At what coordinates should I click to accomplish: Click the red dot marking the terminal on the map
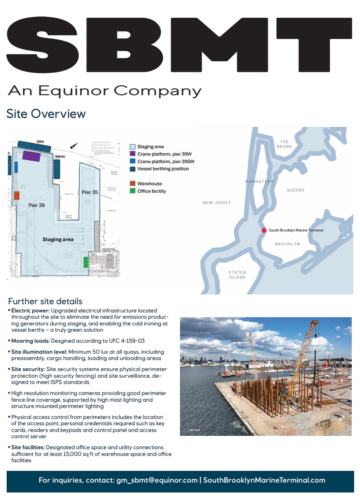pyautogui.click(x=264, y=230)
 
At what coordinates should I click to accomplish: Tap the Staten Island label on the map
pyautogui.click(x=237, y=275)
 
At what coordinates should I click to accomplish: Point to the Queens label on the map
pyautogui.click(x=295, y=190)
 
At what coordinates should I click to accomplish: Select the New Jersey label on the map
pyautogui.click(x=217, y=203)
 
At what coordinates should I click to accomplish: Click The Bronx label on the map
pyautogui.click(x=284, y=144)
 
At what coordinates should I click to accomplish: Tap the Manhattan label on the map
pyautogui.click(x=259, y=182)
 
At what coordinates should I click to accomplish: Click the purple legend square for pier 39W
pyautogui.click(x=132, y=154)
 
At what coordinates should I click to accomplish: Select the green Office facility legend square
pyautogui.click(x=132, y=191)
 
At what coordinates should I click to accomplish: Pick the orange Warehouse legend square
pyautogui.click(x=132, y=184)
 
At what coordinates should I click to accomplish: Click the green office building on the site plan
pyautogui.click(x=86, y=262)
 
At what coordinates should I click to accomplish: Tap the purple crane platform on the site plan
pyautogui.click(x=31, y=155)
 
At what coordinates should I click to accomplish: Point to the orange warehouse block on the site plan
pyautogui.click(x=17, y=195)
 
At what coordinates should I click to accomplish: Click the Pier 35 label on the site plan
pyautogui.click(x=90, y=192)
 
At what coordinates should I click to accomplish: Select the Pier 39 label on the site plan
pyautogui.click(x=37, y=205)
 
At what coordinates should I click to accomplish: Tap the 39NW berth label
pyautogui.click(x=60, y=157)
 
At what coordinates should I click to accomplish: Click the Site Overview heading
pyautogui.click(x=46, y=114)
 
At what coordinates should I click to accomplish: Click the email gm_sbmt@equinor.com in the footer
pyautogui.click(x=157, y=480)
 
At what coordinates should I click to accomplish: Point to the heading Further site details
pyautogui.click(x=45, y=301)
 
